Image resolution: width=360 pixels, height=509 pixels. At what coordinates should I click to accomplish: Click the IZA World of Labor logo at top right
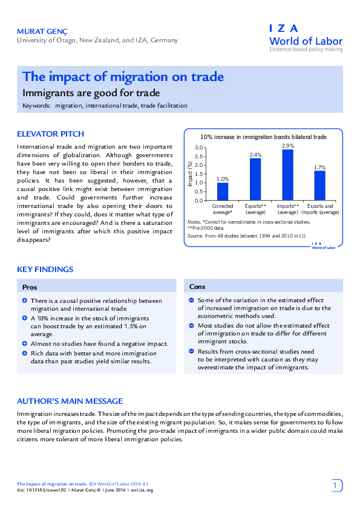pos(306,38)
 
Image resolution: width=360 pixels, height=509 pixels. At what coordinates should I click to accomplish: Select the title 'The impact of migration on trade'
pos(123,77)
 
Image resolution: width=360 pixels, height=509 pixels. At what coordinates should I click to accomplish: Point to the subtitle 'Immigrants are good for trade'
pos(91,93)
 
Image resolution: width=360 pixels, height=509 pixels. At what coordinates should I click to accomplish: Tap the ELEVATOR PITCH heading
pos(50,134)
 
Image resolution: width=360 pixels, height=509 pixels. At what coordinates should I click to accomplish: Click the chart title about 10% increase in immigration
pos(263,137)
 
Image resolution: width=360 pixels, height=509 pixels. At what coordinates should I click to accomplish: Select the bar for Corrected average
pos(223,191)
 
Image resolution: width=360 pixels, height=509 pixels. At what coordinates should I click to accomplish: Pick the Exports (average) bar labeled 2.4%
pos(255,179)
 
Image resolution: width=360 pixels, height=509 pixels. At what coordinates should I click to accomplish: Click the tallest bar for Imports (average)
pos(287,175)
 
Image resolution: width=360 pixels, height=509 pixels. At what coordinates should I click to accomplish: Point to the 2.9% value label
pos(287,146)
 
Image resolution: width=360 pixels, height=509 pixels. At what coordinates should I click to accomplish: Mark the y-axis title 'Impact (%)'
pos(190,173)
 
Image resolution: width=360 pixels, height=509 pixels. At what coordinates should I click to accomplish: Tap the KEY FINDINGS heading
pos(45,269)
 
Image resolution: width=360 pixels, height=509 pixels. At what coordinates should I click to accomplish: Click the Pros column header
pos(30,287)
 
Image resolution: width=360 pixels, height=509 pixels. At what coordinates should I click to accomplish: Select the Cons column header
pos(197,287)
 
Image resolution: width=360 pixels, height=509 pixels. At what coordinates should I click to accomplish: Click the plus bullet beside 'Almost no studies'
pos(24,343)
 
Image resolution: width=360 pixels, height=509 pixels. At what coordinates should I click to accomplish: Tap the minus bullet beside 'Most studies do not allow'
pos(191,325)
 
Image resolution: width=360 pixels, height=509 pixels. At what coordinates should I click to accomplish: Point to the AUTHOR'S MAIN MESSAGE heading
pos(70,401)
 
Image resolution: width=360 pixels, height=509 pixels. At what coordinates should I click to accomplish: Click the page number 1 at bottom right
pos(336,485)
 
